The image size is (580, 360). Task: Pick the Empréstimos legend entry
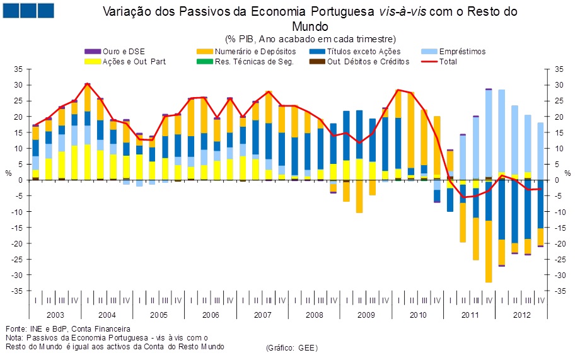462,52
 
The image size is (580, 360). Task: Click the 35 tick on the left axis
19,69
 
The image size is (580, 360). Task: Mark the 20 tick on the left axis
19,117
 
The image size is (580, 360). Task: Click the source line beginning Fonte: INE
67,328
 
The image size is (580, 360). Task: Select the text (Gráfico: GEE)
292,348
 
